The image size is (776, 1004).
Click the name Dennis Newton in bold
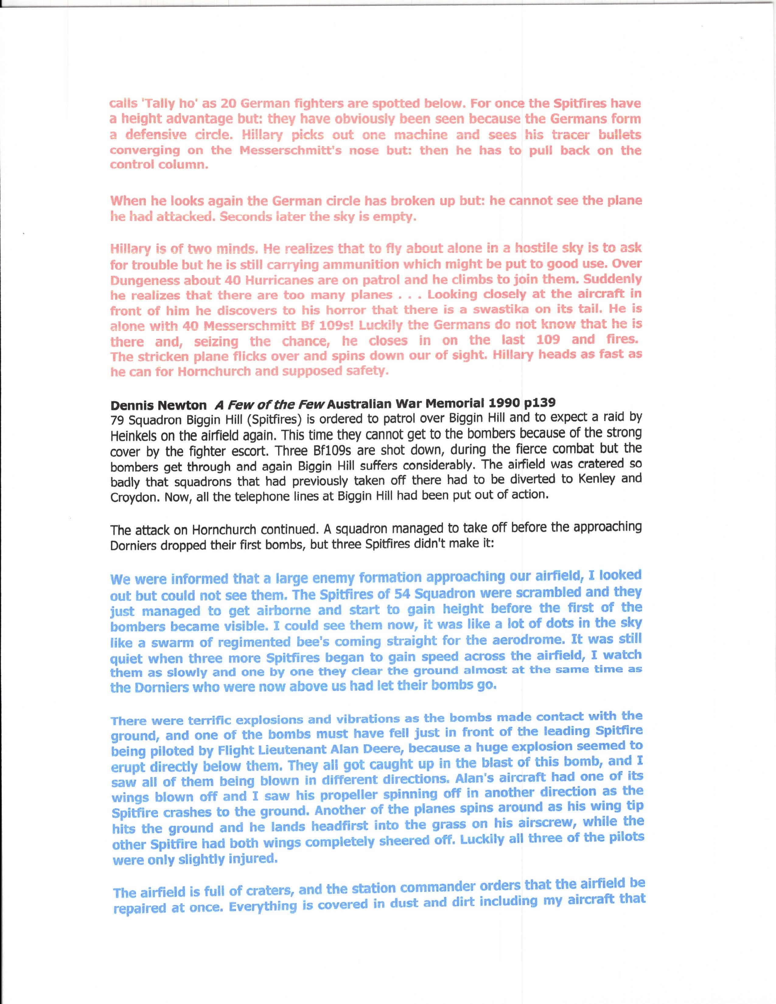(x=158, y=406)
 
